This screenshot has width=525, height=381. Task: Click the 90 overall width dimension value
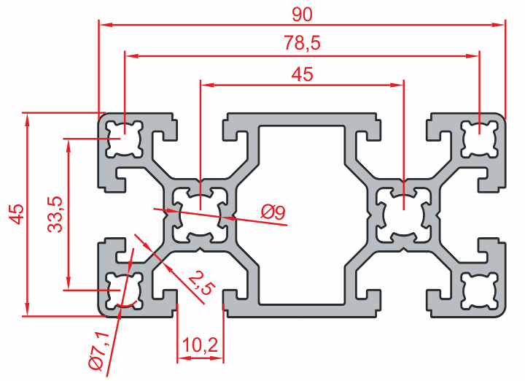pyautogui.click(x=301, y=12)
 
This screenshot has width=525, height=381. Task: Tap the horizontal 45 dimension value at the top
pyautogui.click(x=301, y=74)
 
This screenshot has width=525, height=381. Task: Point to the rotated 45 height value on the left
pyautogui.click(x=16, y=213)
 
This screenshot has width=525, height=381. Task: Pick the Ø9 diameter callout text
pyautogui.click(x=273, y=212)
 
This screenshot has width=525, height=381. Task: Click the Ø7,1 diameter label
pyautogui.click(x=96, y=350)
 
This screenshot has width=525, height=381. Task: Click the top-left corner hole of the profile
pyautogui.click(x=125, y=138)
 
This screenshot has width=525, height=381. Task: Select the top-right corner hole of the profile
pyautogui.click(x=478, y=138)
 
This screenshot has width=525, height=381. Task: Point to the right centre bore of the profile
pyautogui.click(x=402, y=215)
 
